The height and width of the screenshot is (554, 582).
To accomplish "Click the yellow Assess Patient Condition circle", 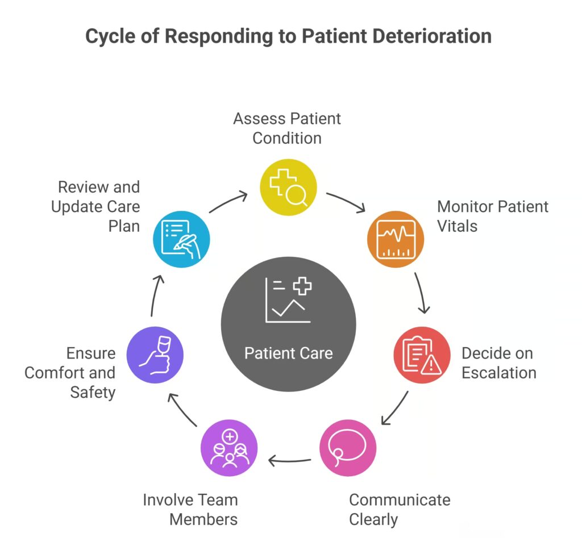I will click(x=288, y=187).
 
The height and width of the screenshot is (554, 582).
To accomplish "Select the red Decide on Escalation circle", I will click(x=422, y=355).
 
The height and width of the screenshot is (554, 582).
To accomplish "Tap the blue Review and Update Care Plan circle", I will click(x=182, y=239).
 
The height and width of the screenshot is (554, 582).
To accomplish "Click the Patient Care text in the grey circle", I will click(x=288, y=353).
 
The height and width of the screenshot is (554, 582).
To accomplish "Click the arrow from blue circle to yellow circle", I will click(x=228, y=203).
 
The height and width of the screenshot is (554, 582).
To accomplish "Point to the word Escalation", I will click(x=498, y=373).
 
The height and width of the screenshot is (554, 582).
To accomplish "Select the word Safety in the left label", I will click(x=93, y=392).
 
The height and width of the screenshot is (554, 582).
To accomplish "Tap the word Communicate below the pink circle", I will click(x=399, y=499).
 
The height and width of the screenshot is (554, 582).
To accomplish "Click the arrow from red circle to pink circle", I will click(x=394, y=407).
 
